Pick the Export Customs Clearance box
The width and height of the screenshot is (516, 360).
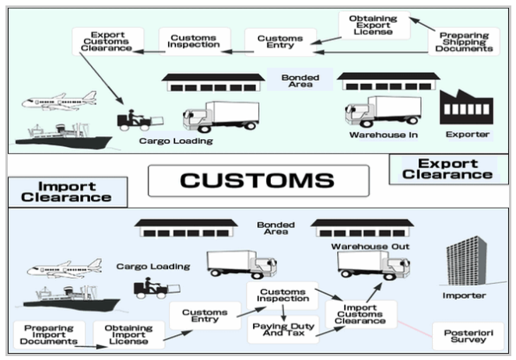point(104,41)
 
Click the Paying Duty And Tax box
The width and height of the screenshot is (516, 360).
point(283,329)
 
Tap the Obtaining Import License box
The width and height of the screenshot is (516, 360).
point(128,334)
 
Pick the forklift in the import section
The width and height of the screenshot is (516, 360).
point(150,288)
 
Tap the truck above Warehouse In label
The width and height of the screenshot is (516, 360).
point(382,111)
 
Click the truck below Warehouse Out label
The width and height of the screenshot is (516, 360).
point(363,265)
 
